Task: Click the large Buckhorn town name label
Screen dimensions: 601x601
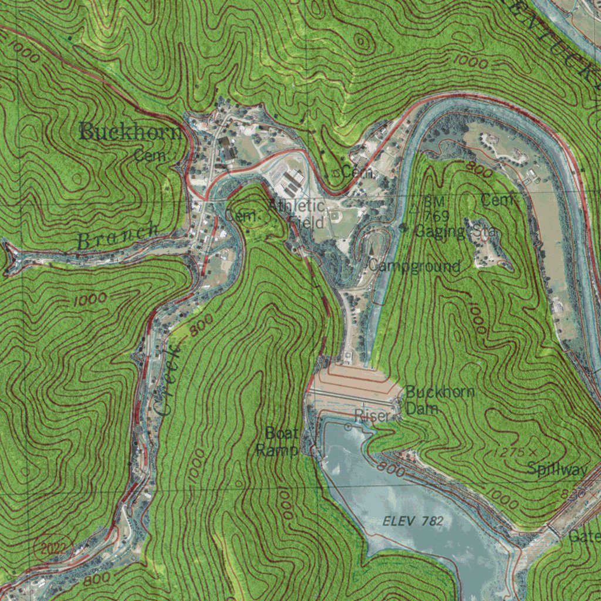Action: (x=130, y=132)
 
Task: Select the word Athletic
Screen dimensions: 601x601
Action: (x=296, y=207)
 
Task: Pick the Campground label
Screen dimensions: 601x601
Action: (x=414, y=266)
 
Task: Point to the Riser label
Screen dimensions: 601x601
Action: (x=371, y=416)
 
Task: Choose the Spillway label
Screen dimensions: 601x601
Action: (x=556, y=469)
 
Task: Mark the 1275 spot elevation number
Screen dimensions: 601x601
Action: (x=508, y=453)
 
